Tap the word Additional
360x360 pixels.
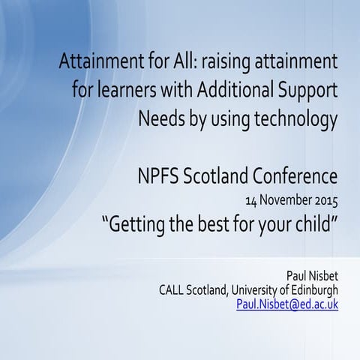click(x=234, y=91)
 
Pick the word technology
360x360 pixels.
click(x=292, y=119)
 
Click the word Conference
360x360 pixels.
click(x=288, y=177)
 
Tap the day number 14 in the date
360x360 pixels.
click(x=251, y=202)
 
